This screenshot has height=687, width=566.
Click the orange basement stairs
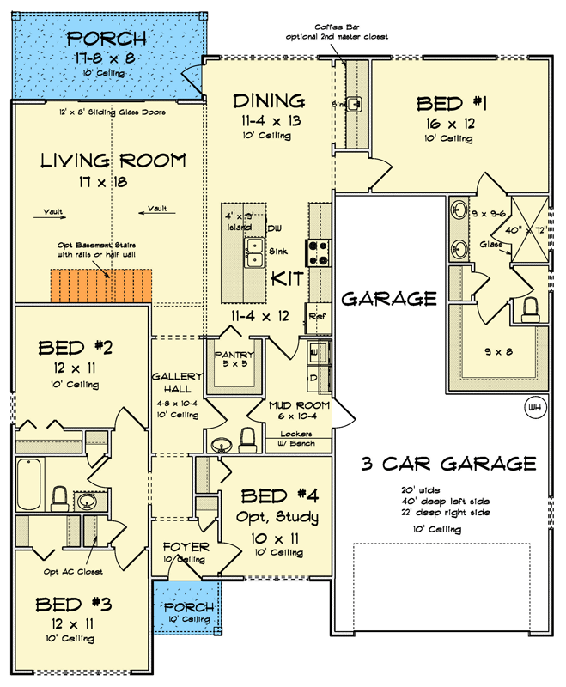point(101,285)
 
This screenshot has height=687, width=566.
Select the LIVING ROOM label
point(113,161)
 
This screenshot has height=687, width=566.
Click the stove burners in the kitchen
point(319,252)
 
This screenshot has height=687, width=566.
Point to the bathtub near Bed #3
point(28,486)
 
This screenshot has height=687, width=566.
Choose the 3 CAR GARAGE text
point(448,465)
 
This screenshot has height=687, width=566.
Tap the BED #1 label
point(452,104)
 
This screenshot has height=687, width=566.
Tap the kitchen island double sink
point(253,250)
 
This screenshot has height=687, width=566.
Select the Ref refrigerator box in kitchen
point(316,316)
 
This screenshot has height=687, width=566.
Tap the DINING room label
point(269,101)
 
